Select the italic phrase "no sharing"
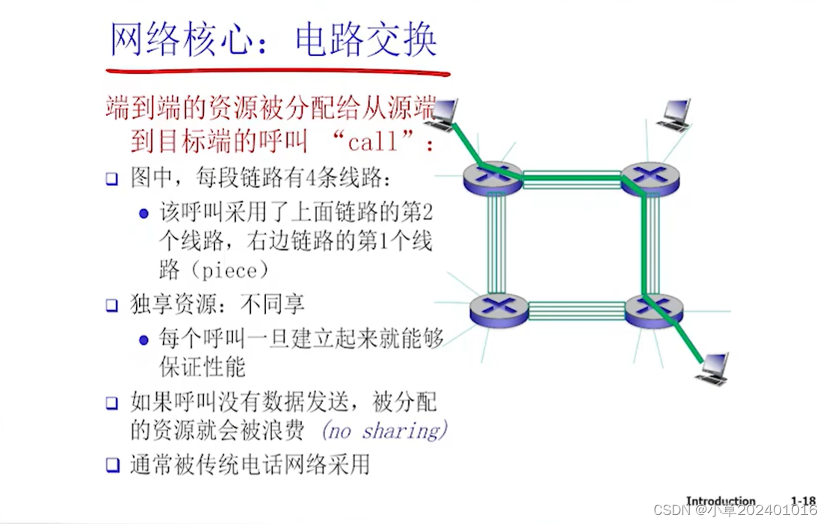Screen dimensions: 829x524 coord(384,431)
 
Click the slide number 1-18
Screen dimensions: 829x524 coord(803,501)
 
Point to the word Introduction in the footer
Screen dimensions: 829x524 coord(721,501)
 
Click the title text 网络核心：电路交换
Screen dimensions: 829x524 coord(273,40)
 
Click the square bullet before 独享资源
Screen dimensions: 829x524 coord(111,305)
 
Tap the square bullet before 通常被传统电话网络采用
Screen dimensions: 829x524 coord(111,465)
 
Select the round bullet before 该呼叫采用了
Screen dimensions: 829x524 coord(144,213)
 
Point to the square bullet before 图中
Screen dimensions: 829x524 coord(111,179)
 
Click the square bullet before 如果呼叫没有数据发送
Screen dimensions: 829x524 coord(111,403)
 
